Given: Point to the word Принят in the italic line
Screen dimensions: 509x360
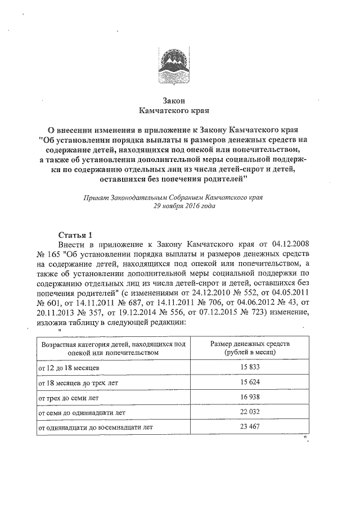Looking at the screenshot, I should click(x=94, y=197).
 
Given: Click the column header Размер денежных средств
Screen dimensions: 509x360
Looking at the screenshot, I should click(x=249, y=343).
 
